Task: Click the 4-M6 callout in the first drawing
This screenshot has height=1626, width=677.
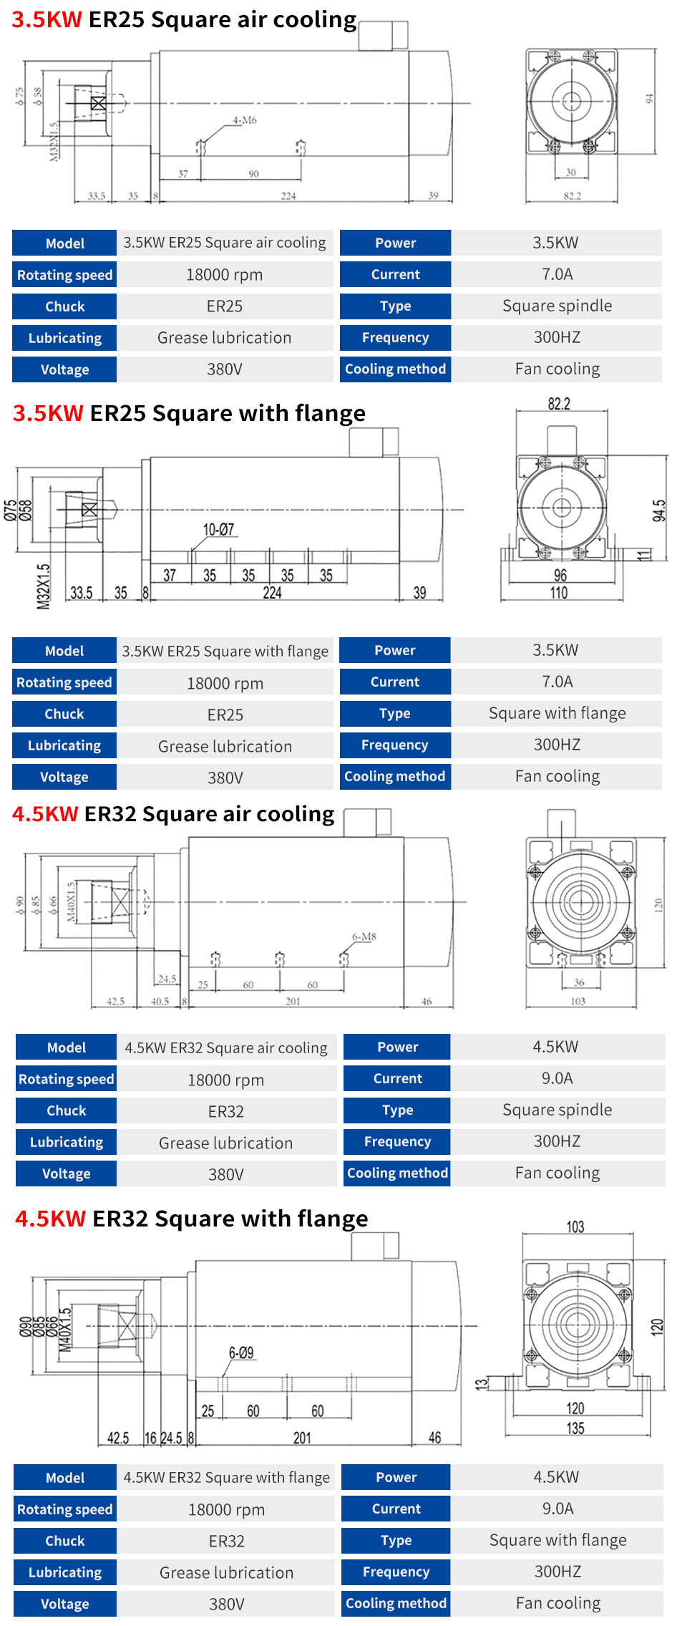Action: (244, 120)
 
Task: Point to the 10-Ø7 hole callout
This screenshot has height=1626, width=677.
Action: (218, 530)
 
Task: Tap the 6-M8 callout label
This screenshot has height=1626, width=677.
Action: (364, 937)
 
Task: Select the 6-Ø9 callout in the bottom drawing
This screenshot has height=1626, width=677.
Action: (241, 1352)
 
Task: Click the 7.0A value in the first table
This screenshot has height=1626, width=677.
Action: (557, 274)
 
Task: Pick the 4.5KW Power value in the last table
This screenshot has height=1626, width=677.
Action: (556, 1477)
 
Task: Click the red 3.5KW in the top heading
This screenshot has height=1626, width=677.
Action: (47, 19)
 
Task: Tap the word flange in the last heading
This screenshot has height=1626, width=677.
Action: (332, 1219)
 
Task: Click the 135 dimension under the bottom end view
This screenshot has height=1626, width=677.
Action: (575, 1428)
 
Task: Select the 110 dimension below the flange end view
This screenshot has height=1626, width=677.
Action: (559, 593)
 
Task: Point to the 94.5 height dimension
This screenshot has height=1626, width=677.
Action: (659, 510)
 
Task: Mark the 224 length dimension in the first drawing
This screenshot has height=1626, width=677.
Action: (288, 195)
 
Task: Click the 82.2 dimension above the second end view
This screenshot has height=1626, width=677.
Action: (559, 404)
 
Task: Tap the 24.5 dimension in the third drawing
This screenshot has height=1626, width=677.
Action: (167, 979)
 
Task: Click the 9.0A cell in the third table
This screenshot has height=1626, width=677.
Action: (557, 1078)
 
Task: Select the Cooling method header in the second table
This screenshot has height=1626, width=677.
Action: (395, 776)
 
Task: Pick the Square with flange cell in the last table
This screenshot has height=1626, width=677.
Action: (557, 1540)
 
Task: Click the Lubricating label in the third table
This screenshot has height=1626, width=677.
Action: (67, 1142)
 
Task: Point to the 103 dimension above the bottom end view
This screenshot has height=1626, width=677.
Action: (575, 1227)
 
